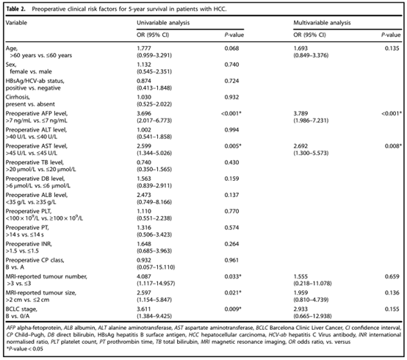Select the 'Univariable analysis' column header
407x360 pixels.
coord(163,23)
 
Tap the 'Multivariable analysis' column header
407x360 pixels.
coord(322,23)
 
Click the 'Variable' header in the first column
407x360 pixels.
coord(16,23)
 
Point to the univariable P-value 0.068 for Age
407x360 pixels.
coord(231,48)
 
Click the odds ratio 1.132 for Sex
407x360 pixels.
coord(144,65)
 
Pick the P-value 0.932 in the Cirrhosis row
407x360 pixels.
coord(231,97)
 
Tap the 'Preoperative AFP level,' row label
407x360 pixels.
coord(37,113)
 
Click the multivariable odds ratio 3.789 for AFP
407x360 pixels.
coord(300,113)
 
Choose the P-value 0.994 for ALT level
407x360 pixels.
coord(231,130)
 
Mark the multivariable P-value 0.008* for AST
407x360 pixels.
coord(393,146)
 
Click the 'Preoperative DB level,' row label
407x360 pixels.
coord(35,179)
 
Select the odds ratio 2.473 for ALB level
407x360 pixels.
coord(144,195)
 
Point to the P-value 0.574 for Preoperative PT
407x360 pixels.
coord(231,228)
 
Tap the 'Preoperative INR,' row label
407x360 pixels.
coord(29,244)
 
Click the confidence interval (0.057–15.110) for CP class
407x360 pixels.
coord(156,267)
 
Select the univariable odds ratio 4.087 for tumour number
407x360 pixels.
coord(144,276)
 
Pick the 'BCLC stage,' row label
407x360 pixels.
coord(21,309)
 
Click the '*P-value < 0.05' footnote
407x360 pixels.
coord(25,349)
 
